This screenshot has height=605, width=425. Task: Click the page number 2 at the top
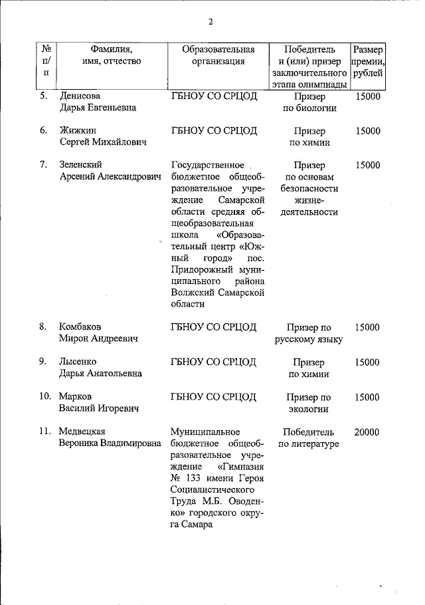211,21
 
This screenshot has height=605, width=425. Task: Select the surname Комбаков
81,327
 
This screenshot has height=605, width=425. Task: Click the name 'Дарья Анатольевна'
100,374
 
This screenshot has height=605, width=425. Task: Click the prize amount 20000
367,432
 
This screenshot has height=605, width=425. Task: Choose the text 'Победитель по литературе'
308,437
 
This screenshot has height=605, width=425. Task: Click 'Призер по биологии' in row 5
308,102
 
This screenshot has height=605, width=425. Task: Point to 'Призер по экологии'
308,402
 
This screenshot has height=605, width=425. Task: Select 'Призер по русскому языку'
308,333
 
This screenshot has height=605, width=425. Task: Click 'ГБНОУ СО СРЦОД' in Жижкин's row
213,131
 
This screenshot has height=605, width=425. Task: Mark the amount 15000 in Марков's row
367,397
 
